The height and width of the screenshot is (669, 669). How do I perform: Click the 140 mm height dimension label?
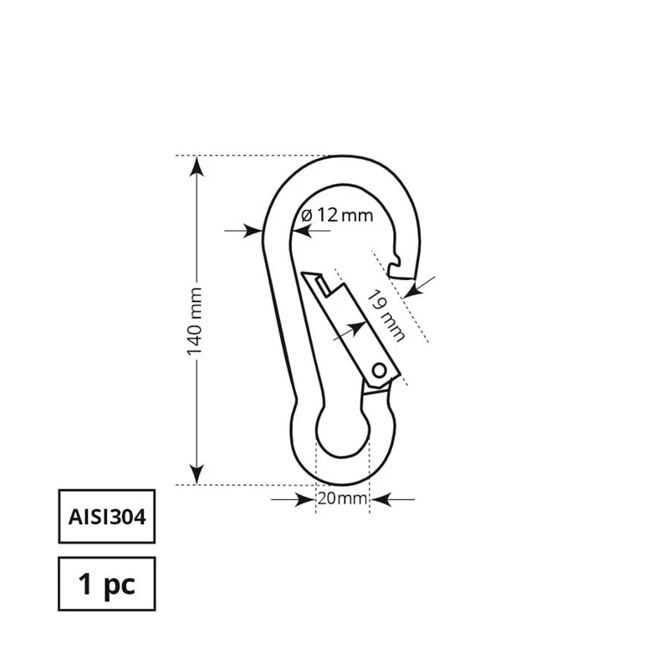(x=195, y=321)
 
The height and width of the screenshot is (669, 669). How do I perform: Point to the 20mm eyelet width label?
(x=342, y=499)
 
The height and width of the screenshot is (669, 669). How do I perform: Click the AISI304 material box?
(x=106, y=516)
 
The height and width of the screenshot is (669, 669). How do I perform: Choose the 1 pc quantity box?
(x=106, y=584)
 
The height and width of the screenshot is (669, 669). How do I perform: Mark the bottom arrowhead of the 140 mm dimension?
(x=196, y=475)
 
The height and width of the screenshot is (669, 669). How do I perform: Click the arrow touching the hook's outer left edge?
(x=248, y=230)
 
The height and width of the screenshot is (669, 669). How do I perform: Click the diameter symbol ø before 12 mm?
(x=306, y=215)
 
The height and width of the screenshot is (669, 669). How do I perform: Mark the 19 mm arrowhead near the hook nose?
(x=413, y=289)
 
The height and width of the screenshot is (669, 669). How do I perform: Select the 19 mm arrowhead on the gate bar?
(x=351, y=329)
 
